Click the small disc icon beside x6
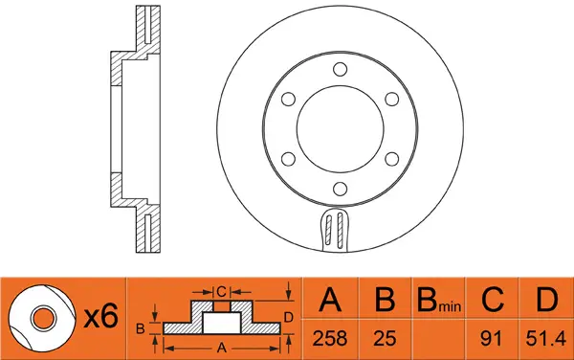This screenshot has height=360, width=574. pyautogui.click(x=43, y=317)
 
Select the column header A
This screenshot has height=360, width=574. pyautogui.click(x=331, y=301)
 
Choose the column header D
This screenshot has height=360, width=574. pyautogui.click(x=545, y=301)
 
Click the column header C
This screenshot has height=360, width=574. pyautogui.click(x=492, y=301)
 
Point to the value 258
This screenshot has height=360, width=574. pyautogui.click(x=331, y=337)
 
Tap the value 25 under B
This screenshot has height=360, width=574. pyautogui.click(x=384, y=337)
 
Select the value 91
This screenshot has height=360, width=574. pyautogui.click(x=492, y=337)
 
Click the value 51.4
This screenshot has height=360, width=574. pyautogui.click(x=545, y=337)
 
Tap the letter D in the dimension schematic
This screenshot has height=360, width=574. pyautogui.click(x=288, y=316)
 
